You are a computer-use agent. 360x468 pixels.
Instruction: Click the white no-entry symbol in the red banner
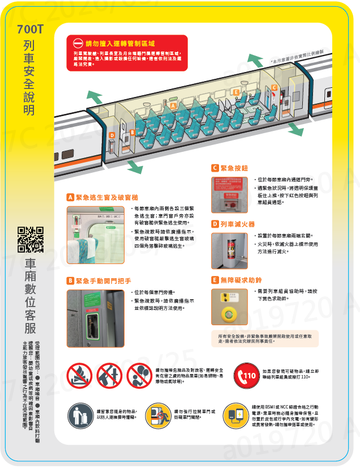click(77, 43)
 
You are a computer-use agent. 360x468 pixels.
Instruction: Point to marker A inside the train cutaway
click(174, 105)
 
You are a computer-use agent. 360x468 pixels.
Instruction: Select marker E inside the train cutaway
click(235, 92)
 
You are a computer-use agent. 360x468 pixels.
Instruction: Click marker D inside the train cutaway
click(112, 135)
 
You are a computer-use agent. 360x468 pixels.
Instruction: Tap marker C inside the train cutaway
click(274, 87)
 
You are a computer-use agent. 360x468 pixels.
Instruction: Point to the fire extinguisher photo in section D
click(229, 250)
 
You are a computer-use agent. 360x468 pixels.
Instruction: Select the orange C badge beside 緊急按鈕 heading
click(215, 168)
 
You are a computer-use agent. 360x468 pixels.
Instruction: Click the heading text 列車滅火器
click(238, 224)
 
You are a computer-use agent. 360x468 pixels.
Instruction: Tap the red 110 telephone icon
click(250, 376)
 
